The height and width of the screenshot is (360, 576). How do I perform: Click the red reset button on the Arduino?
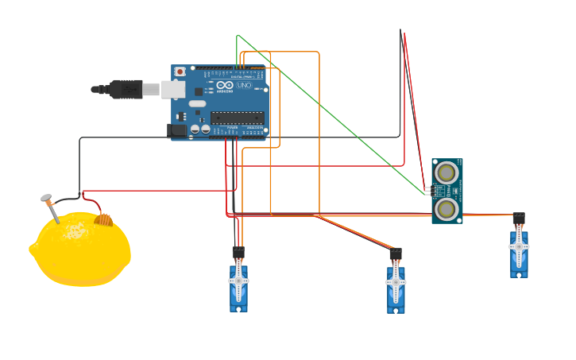click(180, 72)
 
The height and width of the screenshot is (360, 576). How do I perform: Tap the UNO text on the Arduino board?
click(244, 85)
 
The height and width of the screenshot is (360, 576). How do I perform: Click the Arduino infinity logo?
click(225, 85)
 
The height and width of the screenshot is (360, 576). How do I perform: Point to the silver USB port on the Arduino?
click(172, 89)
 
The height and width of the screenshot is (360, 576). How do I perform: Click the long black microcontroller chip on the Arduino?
click(237, 118)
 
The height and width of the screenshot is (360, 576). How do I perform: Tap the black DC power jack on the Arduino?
click(177, 130)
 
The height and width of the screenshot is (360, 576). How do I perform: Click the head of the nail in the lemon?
click(46, 198)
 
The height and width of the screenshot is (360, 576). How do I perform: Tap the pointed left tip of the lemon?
click(32, 249)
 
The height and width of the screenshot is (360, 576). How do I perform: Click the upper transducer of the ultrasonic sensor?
click(446, 172)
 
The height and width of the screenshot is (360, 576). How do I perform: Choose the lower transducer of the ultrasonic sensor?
click(446, 209)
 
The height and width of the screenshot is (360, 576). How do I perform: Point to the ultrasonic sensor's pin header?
click(427, 191)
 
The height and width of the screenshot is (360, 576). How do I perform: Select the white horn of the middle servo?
click(396, 281)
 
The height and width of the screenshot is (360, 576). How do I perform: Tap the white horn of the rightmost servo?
click(519, 246)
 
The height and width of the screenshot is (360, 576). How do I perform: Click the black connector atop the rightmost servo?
click(519, 218)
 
